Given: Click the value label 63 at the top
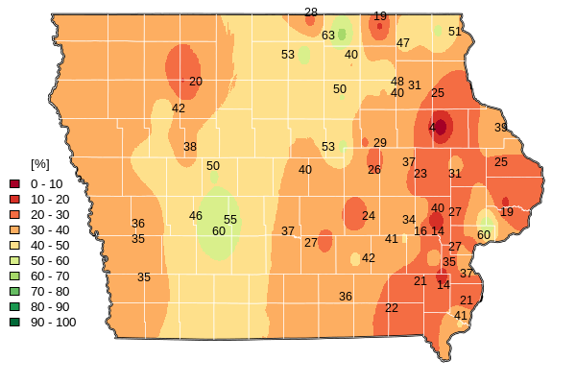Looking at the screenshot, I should (328, 36).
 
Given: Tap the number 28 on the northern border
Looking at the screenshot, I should (311, 12).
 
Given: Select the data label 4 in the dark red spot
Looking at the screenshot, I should (432, 128).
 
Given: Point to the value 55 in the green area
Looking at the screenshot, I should (230, 220).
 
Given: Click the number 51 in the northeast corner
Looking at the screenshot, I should (455, 32).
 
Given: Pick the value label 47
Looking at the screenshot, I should (403, 43).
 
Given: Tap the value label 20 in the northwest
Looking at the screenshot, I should (196, 82).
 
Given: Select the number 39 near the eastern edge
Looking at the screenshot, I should (501, 128).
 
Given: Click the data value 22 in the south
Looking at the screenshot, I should (392, 308).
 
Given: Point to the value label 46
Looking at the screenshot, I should (196, 216).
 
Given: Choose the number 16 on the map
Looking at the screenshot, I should (420, 231).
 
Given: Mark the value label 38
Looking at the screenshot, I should (190, 147).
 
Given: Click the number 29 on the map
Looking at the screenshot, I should (380, 143).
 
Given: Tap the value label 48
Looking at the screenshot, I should (397, 82).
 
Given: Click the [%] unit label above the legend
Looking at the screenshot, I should (40, 164).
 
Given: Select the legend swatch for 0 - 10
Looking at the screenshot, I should (14, 183).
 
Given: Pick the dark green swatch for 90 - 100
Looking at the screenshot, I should (14, 322).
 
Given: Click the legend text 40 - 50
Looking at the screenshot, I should (50, 245).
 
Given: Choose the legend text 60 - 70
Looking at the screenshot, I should (50, 276).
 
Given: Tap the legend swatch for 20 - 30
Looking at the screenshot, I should (14, 214).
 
